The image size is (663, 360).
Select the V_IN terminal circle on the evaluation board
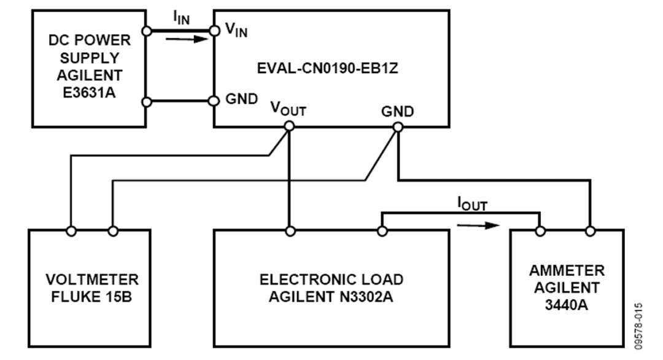click(x=214, y=30)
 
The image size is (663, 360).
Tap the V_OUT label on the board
click(x=288, y=110)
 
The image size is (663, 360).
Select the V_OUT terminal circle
click(x=290, y=126)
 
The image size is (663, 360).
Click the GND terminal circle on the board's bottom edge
click(x=397, y=127)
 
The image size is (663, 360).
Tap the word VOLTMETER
click(x=92, y=280)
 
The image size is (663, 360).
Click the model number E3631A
click(x=90, y=92)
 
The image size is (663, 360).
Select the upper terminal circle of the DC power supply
click(x=146, y=30)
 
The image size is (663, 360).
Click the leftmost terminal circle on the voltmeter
click(x=71, y=231)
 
